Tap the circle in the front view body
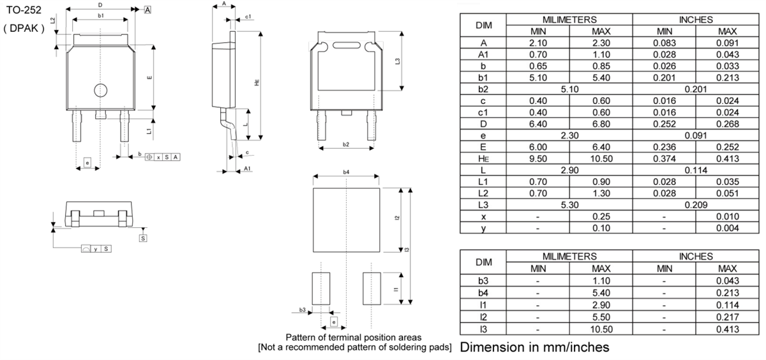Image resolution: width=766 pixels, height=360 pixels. tap(100, 91)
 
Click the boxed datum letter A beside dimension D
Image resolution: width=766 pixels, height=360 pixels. tap(147, 10)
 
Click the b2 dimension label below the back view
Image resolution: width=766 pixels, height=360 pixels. tap(345, 145)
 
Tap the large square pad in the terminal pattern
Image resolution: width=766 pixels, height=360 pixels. tap(345, 220)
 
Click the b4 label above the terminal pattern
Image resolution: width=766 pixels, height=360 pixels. tap(345, 172)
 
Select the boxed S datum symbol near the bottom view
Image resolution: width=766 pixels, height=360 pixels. tap(143, 238)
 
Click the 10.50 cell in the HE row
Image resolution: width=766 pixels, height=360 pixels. tap(601, 158)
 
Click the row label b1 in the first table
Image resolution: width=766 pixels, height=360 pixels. tap(483, 77)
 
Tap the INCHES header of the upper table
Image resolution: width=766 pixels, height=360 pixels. tap(696, 20)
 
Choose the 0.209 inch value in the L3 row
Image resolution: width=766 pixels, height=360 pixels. tap(696, 205)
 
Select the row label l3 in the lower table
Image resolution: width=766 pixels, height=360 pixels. tap(483, 329)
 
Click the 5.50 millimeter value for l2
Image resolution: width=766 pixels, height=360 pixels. tap(601, 317)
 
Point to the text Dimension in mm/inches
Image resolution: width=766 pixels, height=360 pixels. tap(534, 347)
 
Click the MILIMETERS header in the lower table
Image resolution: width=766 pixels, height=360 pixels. tap(569, 257)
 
